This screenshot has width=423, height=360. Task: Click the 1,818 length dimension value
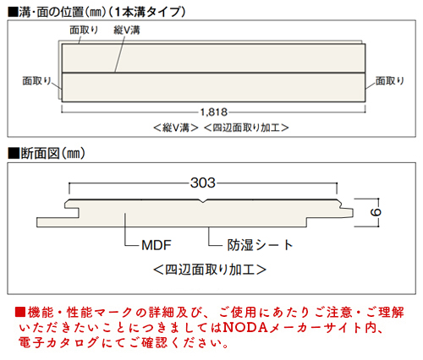(214, 112)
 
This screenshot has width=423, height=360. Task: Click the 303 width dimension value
(203, 183)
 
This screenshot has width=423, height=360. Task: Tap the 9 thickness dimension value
(376, 212)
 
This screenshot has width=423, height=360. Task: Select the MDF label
(157, 245)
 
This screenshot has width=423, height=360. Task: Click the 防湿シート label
(261, 245)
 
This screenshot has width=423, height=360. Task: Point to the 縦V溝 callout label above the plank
(127, 30)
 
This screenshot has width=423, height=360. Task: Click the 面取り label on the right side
(390, 81)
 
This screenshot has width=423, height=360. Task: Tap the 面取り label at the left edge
(36, 81)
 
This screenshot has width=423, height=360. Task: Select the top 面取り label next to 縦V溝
(84, 30)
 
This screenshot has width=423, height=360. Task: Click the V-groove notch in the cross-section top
(203, 201)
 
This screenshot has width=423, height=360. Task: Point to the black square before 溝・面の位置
(13, 12)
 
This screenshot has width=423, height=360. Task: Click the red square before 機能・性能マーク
(20, 312)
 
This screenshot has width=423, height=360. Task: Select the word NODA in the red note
(245, 328)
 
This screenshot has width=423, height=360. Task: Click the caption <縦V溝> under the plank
(176, 128)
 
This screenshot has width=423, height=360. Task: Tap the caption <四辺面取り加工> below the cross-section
(210, 270)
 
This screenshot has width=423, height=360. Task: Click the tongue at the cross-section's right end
(347, 213)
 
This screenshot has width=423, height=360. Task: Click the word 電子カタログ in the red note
(58, 343)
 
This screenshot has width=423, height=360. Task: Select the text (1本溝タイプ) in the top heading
(146, 12)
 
